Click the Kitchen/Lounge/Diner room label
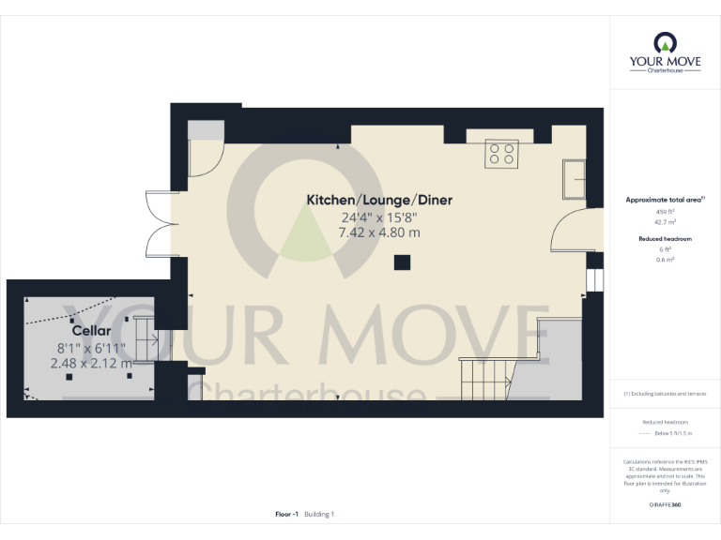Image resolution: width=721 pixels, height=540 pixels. click(379, 200)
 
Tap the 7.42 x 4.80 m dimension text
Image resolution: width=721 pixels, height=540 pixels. click(379, 232)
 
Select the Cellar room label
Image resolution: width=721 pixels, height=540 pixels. click(92, 331)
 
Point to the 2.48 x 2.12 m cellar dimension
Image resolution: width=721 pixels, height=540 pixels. click(93, 363)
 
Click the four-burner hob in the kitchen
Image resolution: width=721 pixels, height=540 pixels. click(500, 153)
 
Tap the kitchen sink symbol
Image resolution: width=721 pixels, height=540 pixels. click(574, 178)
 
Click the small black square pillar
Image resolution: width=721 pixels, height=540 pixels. click(402, 262)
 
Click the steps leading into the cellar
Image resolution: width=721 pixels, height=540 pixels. click(143, 339)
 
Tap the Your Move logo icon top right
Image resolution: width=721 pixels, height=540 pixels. click(665, 43)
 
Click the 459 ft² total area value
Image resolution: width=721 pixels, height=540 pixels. click(665, 212)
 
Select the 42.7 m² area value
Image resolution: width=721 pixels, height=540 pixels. click(665, 222)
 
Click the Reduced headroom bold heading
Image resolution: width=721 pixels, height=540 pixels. click(665, 239)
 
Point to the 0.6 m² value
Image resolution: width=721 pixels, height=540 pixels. click(665, 259)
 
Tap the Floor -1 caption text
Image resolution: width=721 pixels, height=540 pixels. click(286, 514)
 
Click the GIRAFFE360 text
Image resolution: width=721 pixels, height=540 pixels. click(665, 504)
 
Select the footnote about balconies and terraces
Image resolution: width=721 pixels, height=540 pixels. click(665, 393)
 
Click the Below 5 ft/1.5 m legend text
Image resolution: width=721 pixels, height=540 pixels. click(672, 434)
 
